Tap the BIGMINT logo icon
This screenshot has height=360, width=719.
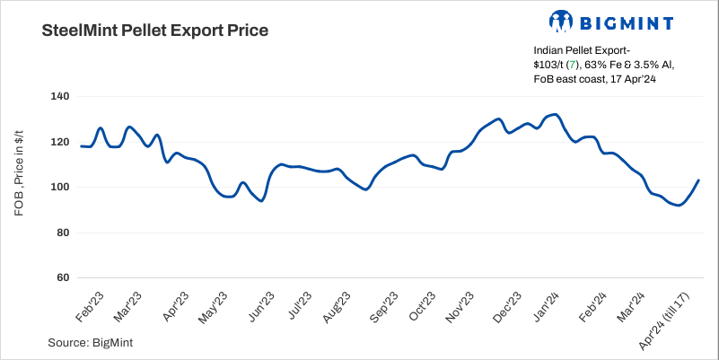click(561, 22)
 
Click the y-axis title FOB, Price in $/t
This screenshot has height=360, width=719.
click(19, 187)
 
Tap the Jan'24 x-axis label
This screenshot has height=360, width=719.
click(547, 308)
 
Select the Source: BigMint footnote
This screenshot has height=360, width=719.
click(86, 342)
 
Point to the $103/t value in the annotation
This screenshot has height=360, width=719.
click(548, 66)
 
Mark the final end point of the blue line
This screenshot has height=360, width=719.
click(698, 180)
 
